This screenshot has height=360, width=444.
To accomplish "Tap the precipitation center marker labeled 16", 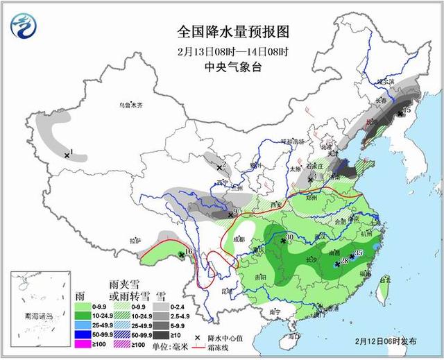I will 182,255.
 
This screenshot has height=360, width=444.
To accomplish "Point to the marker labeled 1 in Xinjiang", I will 67,155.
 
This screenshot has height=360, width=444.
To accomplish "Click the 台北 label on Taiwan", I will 386,280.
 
